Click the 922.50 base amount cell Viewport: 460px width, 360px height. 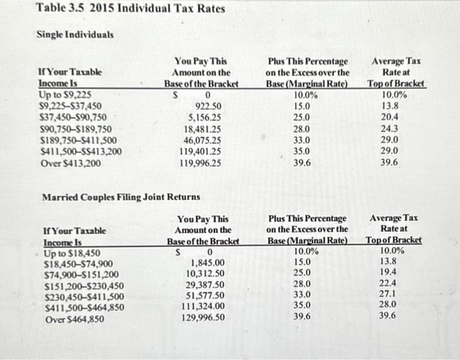(x=209, y=105)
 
